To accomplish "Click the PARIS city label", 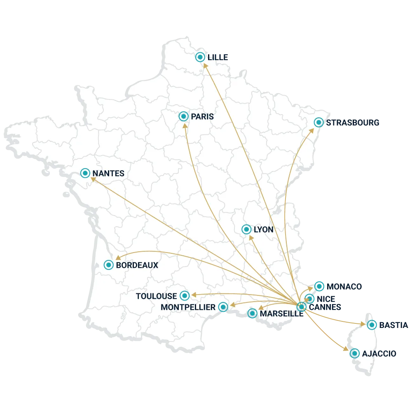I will [202, 117].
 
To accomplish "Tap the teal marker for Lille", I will [200, 57].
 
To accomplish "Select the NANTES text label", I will [108, 173].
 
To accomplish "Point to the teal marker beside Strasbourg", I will [318, 122].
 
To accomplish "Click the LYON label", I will [264, 229].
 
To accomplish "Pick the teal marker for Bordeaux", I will [108, 265].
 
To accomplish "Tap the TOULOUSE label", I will [157, 296].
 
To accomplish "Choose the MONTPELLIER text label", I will [188, 307].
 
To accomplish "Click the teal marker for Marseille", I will [252, 314].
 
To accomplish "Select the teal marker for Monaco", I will [319, 286].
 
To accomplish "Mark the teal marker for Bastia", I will [372, 325].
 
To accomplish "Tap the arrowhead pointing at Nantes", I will [93, 179].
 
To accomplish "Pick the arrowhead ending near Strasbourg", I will [312, 130].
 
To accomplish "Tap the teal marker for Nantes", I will [85, 173].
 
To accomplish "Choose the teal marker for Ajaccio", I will [354, 353].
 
